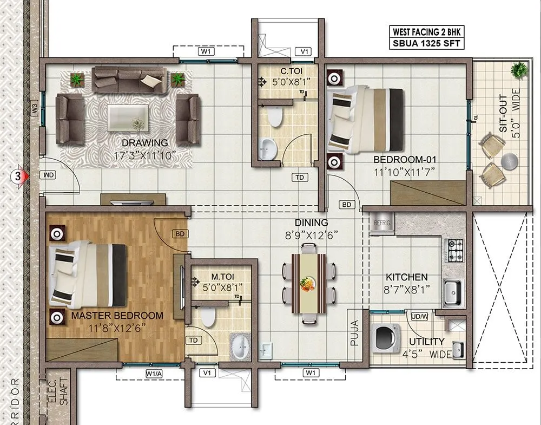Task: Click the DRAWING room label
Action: pyautogui.click(x=144, y=143)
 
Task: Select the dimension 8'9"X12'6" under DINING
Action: pyautogui.click(x=312, y=236)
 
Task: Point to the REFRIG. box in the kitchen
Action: pyautogui.click(x=382, y=223)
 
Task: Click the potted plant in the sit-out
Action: pyautogui.click(x=520, y=70)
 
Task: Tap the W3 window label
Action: pyautogui.click(x=35, y=108)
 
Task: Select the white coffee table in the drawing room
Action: pyautogui.click(x=128, y=115)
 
